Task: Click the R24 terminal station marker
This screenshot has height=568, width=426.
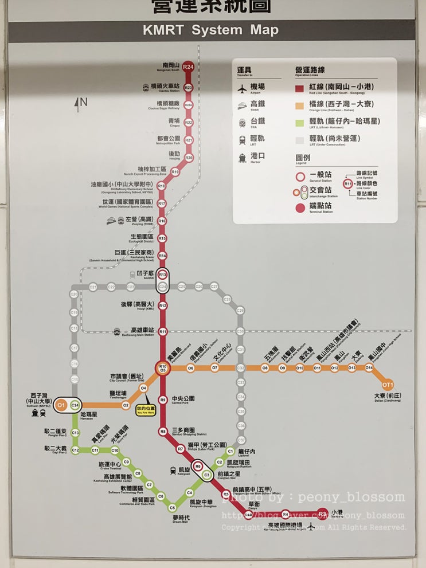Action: [188, 67]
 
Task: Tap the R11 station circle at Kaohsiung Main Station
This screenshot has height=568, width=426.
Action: [163, 331]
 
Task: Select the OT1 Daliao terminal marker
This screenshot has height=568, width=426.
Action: [388, 384]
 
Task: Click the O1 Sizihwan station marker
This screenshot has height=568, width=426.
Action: [61, 405]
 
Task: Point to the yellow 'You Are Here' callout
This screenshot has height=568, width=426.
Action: [145, 410]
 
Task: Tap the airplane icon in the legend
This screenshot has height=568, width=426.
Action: [242, 88]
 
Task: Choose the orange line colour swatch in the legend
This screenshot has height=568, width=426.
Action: [299, 104]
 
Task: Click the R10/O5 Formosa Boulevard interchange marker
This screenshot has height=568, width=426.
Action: [163, 368]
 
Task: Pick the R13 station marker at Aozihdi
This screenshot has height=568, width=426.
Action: [163, 275]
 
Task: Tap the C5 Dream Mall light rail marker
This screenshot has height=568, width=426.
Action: [172, 507]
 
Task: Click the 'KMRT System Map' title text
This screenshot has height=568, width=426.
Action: [211, 30]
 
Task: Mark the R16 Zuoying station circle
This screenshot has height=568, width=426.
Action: [162, 221]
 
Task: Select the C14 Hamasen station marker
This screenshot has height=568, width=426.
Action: [75, 405]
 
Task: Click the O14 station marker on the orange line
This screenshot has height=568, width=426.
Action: [369, 368]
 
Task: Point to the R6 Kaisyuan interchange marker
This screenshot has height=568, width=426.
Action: [198, 466]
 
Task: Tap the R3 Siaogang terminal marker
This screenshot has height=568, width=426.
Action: [323, 514]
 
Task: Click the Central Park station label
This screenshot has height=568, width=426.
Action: [183, 399]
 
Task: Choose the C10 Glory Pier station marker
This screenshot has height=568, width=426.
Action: [115, 451]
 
